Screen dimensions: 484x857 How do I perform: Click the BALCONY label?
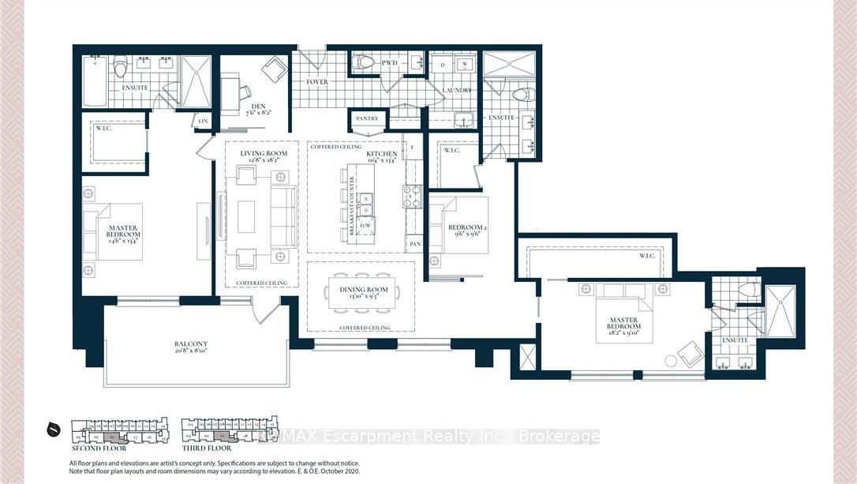coord(191,343)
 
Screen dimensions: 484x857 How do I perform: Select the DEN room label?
coord(257,107)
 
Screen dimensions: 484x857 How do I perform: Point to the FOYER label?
coord(317,82)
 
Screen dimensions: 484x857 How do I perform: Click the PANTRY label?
coord(368,119)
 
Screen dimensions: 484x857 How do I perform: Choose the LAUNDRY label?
coord(457,91)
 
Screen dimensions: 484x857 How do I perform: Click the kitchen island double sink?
coord(366,204)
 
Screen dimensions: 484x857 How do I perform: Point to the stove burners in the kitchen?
coord(412,195)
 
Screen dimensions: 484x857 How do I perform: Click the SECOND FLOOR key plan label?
coord(99,448)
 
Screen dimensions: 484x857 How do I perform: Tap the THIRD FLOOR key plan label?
coord(208,448)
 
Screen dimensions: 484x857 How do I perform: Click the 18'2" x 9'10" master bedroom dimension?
coord(624,334)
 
